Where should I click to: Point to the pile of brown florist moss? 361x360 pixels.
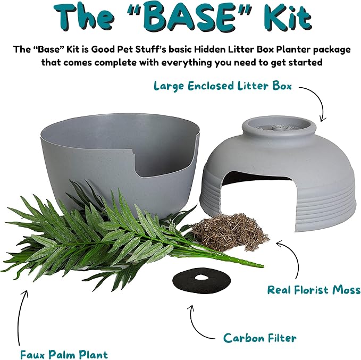230,231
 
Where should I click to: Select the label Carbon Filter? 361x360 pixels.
259,338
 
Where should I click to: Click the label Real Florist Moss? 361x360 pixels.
314,289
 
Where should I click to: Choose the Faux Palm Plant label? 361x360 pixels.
64,354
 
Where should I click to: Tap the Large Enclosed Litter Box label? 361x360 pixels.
223,86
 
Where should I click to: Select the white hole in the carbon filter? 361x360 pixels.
202,278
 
